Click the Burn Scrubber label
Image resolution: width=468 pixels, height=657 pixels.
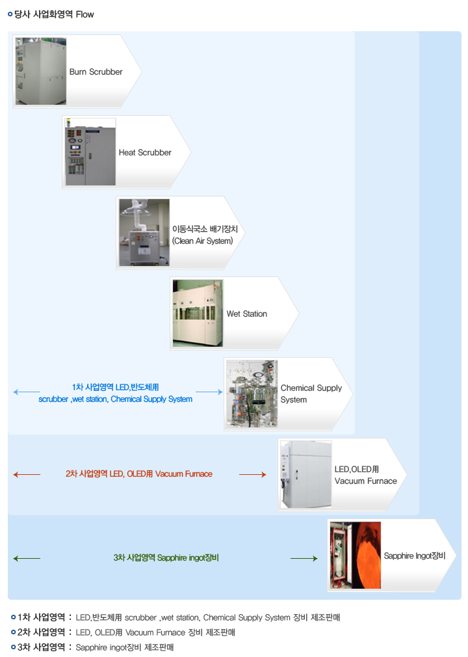tap(96, 72)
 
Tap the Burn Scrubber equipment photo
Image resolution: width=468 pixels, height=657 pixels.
tap(40, 71)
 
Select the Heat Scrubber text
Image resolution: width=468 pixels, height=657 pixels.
tap(144, 152)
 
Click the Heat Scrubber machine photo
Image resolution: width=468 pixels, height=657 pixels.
tap(90, 152)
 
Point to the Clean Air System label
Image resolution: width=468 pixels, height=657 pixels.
tap(202, 235)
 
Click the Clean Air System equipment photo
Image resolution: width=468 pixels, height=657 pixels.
tap(144, 232)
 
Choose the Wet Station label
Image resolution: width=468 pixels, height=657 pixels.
tap(246, 314)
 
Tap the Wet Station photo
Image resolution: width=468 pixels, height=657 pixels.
tap(198, 313)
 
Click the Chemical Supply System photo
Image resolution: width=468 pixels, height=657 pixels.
tap(252, 394)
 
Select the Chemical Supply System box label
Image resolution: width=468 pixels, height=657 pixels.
tap(311, 394)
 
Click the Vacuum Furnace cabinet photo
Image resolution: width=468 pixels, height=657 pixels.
tap(305, 474)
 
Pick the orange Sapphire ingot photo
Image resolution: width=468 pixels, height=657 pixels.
tap(355, 555)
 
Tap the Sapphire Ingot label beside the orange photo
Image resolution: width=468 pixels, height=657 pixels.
tap(414, 556)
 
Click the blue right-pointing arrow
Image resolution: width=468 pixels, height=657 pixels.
tap(209, 392)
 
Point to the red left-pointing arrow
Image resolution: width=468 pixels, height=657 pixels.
tap(26, 475)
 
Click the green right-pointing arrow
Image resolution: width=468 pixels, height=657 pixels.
tap(304, 558)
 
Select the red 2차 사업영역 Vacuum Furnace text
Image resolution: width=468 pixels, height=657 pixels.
tap(138, 474)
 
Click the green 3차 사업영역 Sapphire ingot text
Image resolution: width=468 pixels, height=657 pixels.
tap(166, 557)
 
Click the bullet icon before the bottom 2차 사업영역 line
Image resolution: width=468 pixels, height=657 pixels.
tap(13, 632)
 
